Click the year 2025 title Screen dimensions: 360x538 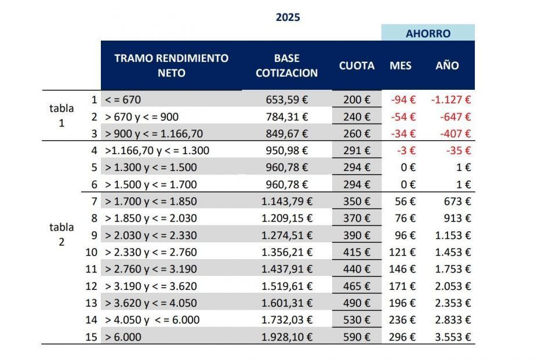pyautogui.click(x=288, y=17)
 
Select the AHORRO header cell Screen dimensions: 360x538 pyautogui.click(x=428, y=34)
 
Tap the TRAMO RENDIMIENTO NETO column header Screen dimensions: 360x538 pyautogui.click(x=172, y=66)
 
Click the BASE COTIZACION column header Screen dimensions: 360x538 pyautogui.click(x=286, y=66)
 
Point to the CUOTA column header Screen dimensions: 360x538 pyautogui.click(x=357, y=66)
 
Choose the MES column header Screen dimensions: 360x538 pyautogui.click(x=401, y=66)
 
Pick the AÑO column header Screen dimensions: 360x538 pyautogui.click(x=447, y=66)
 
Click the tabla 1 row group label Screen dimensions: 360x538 pyautogui.click(x=61, y=115)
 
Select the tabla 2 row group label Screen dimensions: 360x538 pyautogui.click(x=61, y=234)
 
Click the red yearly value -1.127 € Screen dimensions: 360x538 pyautogui.click(x=451, y=100)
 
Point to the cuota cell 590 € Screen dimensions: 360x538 pyautogui.click(x=357, y=337)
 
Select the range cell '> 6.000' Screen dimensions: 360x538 pyautogui.click(x=122, y=337)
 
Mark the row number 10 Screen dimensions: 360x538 pyautogui.click(x=91, y=252)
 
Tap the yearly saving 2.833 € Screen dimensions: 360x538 pyautogui.click(x=455, y=320)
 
